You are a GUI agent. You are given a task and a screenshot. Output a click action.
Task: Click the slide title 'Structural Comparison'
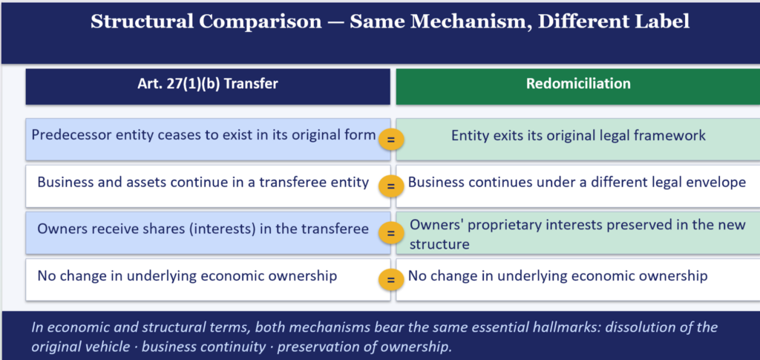pos(206,22)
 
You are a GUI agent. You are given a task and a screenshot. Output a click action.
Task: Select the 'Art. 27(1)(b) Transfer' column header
pos(208,84)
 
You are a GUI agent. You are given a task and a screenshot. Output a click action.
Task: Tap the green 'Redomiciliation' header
pos(578,84)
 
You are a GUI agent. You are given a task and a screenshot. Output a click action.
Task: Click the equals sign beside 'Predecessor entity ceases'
pos(390,140)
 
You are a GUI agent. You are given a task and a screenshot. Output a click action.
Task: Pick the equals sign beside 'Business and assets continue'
pos(390,187)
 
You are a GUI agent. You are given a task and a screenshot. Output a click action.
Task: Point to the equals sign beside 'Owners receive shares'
pos(390,234)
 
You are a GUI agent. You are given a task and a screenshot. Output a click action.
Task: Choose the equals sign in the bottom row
pos(390,281)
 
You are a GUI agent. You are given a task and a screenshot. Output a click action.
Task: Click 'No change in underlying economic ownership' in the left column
pos(187,277)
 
